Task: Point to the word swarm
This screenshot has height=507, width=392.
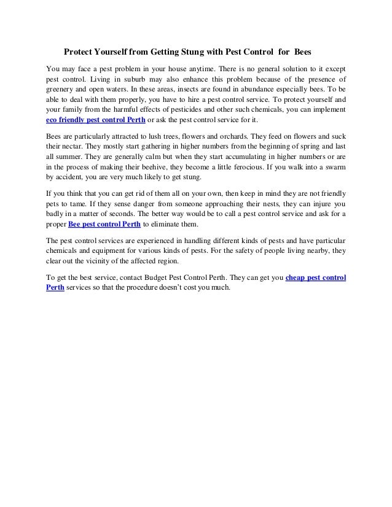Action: click(333, 163)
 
